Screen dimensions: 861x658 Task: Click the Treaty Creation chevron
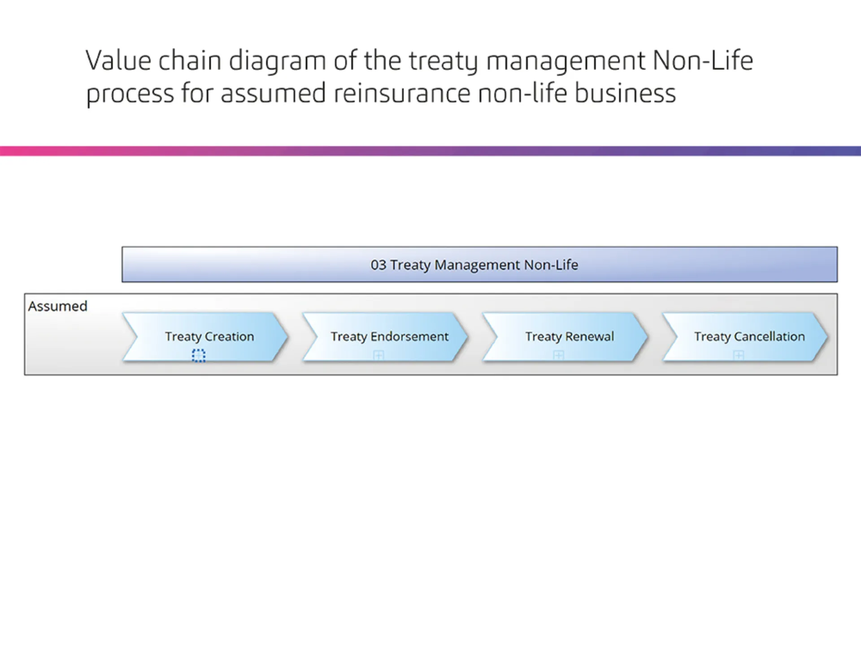pos(204,337)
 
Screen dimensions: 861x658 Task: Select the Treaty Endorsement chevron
pos(385,337)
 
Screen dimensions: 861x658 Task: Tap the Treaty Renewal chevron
pos(565,337)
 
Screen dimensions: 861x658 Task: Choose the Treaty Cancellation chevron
pos(745,337)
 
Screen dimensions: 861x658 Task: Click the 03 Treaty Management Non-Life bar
pos(479,264)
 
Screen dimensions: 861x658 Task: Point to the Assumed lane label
pos(57,306)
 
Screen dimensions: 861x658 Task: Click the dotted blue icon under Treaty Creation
pos(199,355)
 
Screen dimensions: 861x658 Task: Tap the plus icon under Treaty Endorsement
pos(378,355)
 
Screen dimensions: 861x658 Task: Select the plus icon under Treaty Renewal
pos(558,355)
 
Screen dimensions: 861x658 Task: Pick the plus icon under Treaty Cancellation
pos(739,355)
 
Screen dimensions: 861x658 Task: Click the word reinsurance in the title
pos(401,94)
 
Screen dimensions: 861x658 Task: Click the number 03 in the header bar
pos(378,265)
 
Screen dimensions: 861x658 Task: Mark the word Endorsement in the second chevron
pos(409,336)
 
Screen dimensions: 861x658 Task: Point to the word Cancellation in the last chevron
pos(770,336)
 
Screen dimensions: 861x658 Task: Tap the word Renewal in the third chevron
pos(590,336)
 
